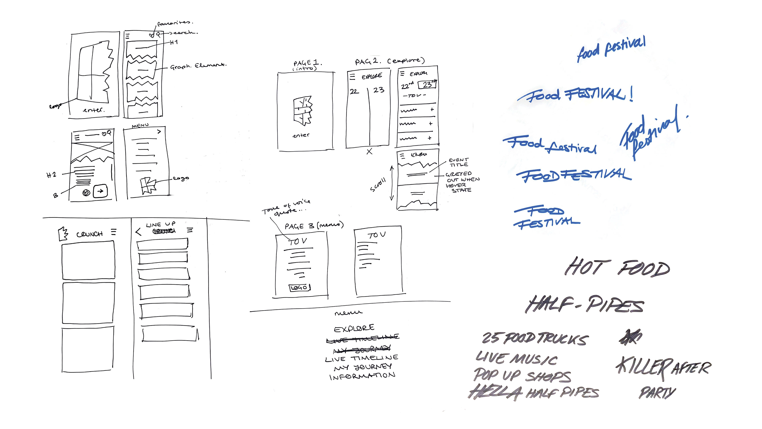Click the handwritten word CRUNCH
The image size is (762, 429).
(89, 234)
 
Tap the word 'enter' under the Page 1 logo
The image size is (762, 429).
(301, 135)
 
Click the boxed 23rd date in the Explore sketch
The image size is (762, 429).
(427, 85)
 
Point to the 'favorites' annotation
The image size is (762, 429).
(175, 23)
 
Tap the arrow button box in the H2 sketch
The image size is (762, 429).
(100, 191)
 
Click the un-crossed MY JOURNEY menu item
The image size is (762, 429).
(363, 367)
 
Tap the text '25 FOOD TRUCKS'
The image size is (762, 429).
(535, 338)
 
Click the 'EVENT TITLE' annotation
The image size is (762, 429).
(459, 162)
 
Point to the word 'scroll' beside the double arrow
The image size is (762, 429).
(378, 185)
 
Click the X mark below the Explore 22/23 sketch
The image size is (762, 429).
(369, 152)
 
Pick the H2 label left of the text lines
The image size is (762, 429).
(51, 175)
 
